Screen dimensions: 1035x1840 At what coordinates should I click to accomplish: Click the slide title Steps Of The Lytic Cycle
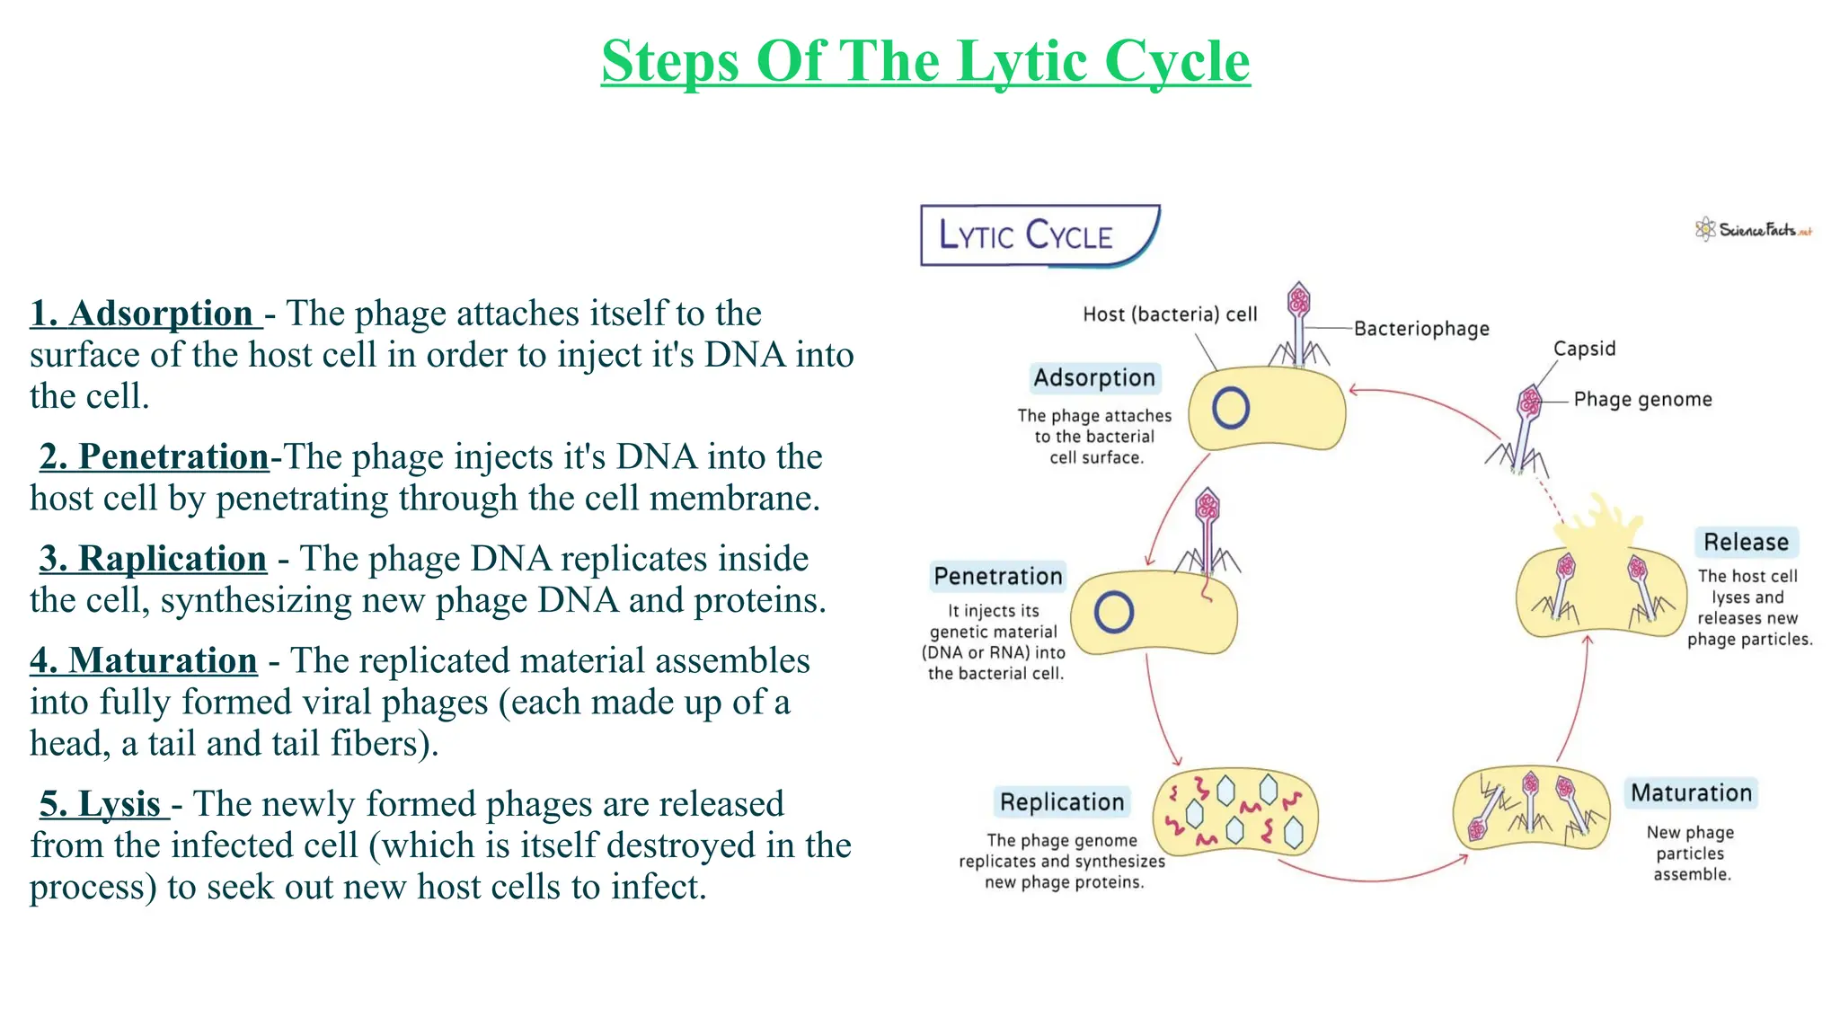point(925,61)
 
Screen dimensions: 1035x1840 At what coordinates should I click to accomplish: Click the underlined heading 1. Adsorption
point(144,314)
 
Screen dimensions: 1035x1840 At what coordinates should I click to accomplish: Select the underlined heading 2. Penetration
point(154,457)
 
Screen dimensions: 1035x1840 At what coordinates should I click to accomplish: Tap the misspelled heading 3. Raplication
point(153,559)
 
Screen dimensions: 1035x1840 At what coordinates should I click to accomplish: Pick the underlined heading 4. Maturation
point(144,661)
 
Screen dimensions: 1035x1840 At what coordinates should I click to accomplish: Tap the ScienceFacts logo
point(1753,230)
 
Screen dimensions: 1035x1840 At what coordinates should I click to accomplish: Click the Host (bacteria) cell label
point(1170,314)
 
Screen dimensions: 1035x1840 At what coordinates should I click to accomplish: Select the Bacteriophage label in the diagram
point(1421,329)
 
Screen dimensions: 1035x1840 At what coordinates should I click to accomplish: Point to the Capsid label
point(1584,349)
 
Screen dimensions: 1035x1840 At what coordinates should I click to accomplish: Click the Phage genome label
point(1642,400)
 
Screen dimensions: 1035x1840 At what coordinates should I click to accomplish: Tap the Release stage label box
point(1746,543)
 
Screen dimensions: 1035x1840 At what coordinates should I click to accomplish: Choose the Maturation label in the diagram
point(1691,793)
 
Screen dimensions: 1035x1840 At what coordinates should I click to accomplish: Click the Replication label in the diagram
point(1062,802)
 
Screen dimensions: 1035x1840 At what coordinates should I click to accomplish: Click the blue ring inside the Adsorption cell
point(1230,408)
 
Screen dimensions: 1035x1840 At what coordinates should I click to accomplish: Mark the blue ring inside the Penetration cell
point(1113,613)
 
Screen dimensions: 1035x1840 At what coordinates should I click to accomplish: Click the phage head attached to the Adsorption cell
point(1298,300)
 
